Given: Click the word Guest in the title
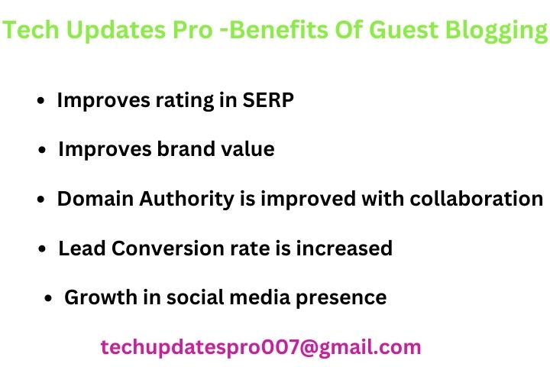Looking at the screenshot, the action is click(x=403, y=30).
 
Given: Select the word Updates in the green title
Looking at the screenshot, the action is click(x=115, y=31).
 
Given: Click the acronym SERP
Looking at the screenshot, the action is click(x=268, y=100).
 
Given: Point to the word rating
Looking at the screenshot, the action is click(x=185, y=102).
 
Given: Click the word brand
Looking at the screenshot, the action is click(x=186, y=149).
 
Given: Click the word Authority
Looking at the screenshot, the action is click(x=186, y=200).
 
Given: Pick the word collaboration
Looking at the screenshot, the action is click(x=477, y=199).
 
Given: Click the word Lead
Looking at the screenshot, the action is click(x=82, y=248).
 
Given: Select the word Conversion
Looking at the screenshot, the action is click(x=168, y=248).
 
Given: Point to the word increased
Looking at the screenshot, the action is click(x=344, y=248).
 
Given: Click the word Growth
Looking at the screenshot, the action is click(x=101, y=297).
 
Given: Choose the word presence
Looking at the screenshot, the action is click(x=341, y=299).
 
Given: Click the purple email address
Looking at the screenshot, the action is click(x=260, y=348).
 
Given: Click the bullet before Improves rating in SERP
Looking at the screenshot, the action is click(x=41, y=101).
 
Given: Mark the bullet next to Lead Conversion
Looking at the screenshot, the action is click(x=42, y=249).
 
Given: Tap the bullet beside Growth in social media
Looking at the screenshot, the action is click(x=48, y=298).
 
